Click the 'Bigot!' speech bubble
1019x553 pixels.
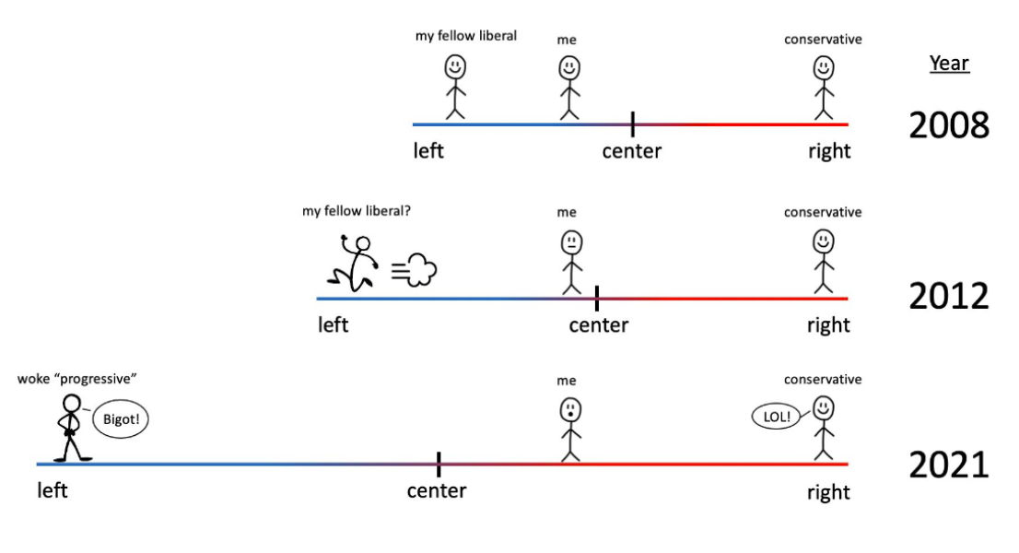(x=120, y=419)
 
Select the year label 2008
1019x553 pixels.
(x=949, y=124)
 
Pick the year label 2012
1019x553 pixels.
(x=949, y=296)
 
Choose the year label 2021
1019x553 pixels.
(x=949, y=465)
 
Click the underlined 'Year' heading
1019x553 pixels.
(x=949, y=64)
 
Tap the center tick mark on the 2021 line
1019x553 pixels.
(x=439, y=465)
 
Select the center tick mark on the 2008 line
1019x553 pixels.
(x=632, y=124)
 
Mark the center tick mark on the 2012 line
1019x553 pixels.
(x=597, y=298)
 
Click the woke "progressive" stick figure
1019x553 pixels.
(x=69, y=429)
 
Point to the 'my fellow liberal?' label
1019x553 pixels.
(x=357, y=211)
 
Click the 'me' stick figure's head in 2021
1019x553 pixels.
(x=570, y=409)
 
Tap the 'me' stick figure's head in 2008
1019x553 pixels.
(x=570, y=68)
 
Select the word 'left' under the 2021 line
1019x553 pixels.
(x=53, y=490)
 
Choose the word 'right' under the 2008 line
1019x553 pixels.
(x=828, y=151)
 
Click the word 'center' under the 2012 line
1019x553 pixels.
(x=599, y=325)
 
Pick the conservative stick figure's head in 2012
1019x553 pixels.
(x=823, y=242)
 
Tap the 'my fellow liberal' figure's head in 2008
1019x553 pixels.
(x=455, y=67)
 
